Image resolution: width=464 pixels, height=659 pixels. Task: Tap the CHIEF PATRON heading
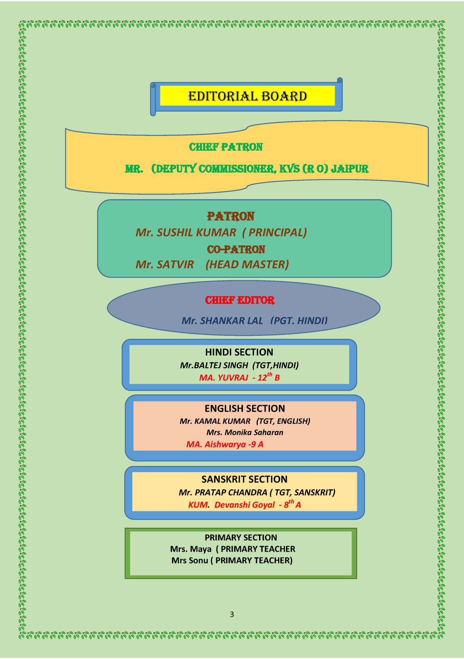point(226,147)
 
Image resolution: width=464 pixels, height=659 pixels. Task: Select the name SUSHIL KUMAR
point(196,233)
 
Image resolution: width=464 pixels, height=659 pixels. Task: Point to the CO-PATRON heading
point(236,250)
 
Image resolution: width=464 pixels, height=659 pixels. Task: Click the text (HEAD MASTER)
point(247,265)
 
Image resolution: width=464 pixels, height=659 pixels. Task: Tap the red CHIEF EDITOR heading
point(240,300)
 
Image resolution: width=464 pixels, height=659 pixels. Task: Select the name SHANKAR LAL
point(231,321)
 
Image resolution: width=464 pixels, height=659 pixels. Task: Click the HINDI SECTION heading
point(239,352)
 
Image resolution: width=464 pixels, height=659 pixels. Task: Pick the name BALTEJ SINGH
point(221,366)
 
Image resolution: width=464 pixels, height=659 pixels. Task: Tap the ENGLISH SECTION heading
point(245,408)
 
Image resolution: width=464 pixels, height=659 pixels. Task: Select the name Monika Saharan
point(254,433)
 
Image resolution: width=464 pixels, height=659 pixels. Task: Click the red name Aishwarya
point(225,445)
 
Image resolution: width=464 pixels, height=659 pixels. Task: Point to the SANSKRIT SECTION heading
point(244,479)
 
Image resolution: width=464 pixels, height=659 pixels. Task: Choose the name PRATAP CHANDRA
point(231,493)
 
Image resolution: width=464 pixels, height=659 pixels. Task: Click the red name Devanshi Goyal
point(245,505)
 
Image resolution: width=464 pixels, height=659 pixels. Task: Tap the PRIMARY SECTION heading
point(241,538)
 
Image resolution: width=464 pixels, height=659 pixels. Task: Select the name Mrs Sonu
point(190,561)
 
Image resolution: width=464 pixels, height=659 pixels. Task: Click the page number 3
point(232,614)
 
